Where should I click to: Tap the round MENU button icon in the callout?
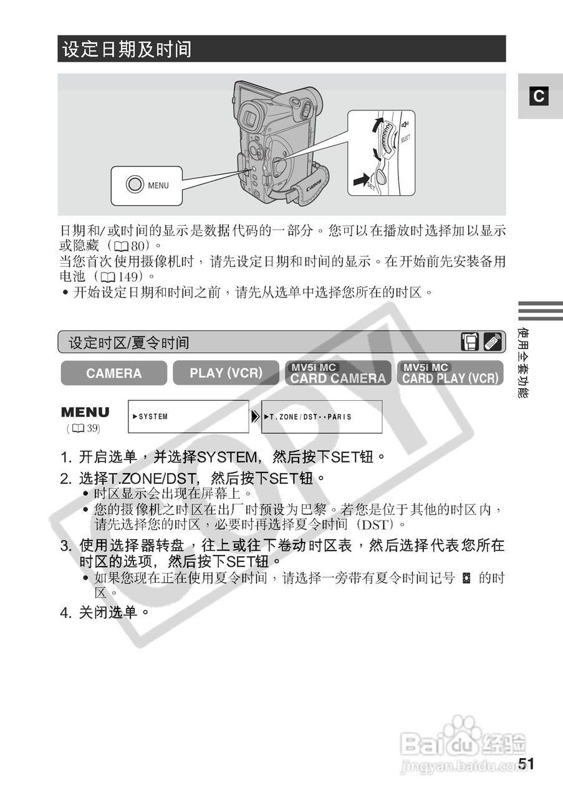(135, 185)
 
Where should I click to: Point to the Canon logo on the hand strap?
(314, 185)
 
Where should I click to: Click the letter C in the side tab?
(539, 97)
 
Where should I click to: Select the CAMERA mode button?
(113, 373)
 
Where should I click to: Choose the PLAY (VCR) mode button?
(226, 373)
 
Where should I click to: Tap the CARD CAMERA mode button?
(338, 373)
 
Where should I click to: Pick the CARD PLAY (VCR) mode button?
(450, 373)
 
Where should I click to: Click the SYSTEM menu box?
(188, 416)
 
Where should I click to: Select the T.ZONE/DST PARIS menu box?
(322, 416)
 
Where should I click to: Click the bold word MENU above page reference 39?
(85, 413)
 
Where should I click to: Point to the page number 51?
(526, 764)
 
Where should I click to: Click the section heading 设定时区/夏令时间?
(129, 342)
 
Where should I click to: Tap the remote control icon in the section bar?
(493, 342)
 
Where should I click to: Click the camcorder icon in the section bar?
(470, 342)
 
